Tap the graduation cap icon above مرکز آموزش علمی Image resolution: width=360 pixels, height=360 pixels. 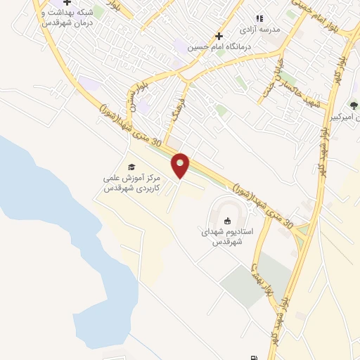pyautogui.click(x=131, y=167)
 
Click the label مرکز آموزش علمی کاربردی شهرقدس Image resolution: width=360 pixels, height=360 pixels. pyautogui.click(x=131, y=184)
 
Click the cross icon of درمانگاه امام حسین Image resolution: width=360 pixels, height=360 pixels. pyautogui.click(x=219, y=36)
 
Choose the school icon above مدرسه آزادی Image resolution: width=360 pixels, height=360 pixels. pyautogui.click(x=259, y=19)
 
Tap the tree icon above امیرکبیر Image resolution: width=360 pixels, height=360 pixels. pyautogui.click(x=353, y=105)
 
